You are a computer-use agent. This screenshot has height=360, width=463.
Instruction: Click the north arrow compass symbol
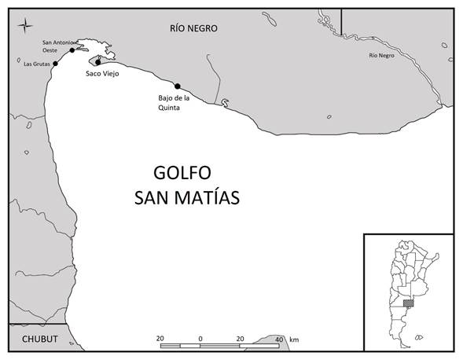pos(27,26)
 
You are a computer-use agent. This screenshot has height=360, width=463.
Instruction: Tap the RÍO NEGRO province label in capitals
pos(193,28)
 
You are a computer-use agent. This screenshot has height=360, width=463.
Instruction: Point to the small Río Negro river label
pos(385,55)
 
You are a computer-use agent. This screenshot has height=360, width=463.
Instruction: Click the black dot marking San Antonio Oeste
pos(72,50)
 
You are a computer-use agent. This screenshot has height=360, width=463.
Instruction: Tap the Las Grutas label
pos(35,64)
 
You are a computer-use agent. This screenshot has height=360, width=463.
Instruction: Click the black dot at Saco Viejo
pos(97,61)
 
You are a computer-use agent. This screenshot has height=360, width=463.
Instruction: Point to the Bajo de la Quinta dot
pos(178,86)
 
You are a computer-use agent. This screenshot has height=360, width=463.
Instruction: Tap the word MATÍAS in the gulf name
pos(208,197)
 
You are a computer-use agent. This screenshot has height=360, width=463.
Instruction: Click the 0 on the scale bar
pos(200,338)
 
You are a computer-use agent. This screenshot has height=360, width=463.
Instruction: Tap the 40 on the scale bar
pos(279,338)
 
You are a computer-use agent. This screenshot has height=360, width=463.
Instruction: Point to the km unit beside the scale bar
pos(294,339)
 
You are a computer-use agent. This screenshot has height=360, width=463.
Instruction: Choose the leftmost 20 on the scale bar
pos(160,338)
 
